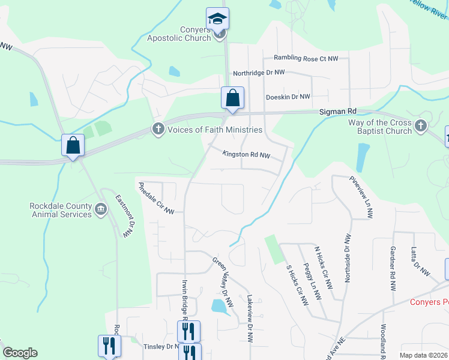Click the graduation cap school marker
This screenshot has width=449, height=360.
(x=217, y=18)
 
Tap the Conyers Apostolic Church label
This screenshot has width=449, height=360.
(x=179, y=33)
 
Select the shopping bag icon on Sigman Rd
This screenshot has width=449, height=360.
(x=232, y=98)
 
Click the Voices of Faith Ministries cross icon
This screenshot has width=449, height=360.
(x=158, y=129)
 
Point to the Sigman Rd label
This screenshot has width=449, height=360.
(x=337, y=112)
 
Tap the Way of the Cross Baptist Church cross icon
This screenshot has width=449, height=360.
(x=420, y=126)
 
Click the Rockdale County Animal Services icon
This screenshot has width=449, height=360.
(x=100, y=211)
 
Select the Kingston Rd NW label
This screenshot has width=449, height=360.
(x=247, y=155)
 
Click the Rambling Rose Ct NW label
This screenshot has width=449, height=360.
(x=306, y=58)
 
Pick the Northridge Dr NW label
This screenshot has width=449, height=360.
(x=259, y=72)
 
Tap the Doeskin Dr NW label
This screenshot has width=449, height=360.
(x=288, y=97)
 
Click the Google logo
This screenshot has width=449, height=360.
(x=20, y=353)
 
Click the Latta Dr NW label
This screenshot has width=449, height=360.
(x=420, y=261)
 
